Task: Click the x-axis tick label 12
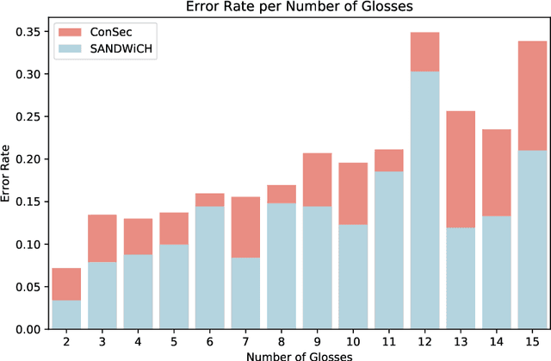coord(424,341)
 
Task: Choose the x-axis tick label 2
coord(66,341)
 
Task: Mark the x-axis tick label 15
coord(533,341)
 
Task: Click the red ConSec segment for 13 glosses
coord(461,169)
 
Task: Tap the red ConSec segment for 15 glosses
coord(533,96)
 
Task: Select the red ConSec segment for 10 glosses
coord(353,194)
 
